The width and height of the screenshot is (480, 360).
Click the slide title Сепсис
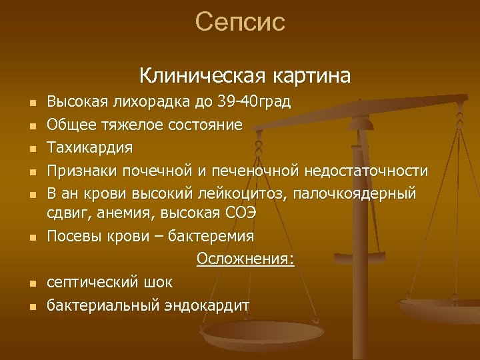tap(240, 22)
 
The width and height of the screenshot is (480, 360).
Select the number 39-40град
tap(256, 102)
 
